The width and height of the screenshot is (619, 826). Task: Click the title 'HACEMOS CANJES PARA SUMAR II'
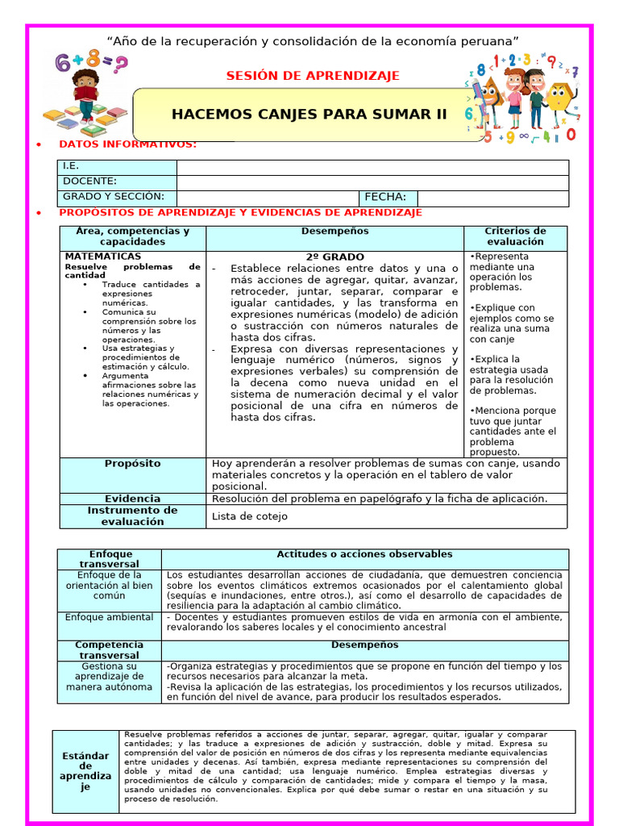309,114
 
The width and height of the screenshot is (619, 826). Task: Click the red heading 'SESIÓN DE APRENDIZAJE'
313,76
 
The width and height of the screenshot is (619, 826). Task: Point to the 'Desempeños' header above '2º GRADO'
334,232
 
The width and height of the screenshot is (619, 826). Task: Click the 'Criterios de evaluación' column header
515,236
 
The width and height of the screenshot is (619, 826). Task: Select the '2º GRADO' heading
334,257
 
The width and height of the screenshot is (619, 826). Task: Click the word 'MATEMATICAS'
102,257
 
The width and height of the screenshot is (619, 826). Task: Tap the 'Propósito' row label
132,464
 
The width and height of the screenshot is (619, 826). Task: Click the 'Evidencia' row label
132,499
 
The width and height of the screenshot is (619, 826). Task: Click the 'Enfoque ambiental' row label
109,617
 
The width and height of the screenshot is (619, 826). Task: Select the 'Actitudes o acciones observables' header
364,555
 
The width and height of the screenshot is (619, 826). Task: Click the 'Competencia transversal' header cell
109,650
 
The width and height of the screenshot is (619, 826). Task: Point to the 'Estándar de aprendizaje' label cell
85,770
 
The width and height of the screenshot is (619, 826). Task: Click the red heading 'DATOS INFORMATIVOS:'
127,144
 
